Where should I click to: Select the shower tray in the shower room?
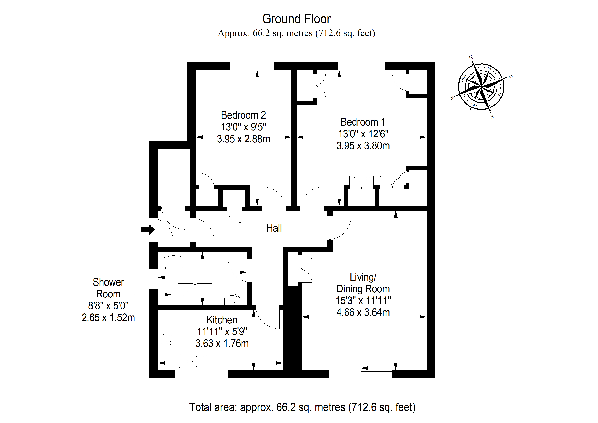[195, 292]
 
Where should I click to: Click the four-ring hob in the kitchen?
[166, 340]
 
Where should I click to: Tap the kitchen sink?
[192, 361]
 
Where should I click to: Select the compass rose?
[481, 86]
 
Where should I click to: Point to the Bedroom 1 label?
[363, 122]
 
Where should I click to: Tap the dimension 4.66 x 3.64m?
[363, 312]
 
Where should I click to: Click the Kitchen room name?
[222, 320]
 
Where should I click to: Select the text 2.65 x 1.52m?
[108, 318]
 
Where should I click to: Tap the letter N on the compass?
[471, 57]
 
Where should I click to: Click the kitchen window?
[201, 374]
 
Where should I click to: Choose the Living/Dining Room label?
[363, 283]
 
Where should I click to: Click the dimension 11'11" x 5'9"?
[222, 332]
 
